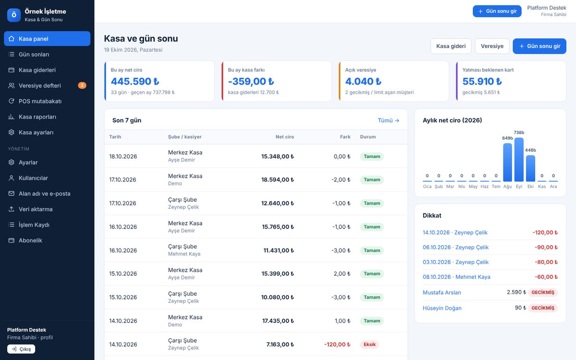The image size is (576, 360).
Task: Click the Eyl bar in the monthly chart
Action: (x=519, y=159)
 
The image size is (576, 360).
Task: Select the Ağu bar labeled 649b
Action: (x=507, y=162)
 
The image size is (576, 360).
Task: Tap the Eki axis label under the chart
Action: (x=530, y=186)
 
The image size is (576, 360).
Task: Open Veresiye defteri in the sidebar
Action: (x=40, y=85)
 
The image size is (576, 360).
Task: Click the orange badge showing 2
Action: (x=82, y=85)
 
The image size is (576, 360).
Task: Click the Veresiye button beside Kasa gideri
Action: (x=492, y=46)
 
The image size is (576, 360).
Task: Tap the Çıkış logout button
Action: (x=21, y=349)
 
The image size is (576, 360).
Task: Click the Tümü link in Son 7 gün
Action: (x=388, y=120)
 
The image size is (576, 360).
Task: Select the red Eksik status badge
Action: (x=370, y=344)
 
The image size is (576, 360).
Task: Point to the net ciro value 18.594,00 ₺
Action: (x=277, y=180)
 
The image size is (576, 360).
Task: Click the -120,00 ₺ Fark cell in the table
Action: (x=337, y=344)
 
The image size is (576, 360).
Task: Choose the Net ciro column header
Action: (x=285, y=137)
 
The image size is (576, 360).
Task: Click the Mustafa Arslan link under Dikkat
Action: (x=442, y=292)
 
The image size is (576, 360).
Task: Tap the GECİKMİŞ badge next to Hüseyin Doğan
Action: (x=543, y=308)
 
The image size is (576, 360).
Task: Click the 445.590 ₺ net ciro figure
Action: (x=135, y=81)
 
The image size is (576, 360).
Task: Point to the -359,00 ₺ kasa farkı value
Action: (x=251, y=81)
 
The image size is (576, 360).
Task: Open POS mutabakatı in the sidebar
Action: (x=40, y=101)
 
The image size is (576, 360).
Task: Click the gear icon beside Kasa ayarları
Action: (x=12, y=132)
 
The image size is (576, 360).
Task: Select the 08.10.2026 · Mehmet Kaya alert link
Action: (x=456, y=277)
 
